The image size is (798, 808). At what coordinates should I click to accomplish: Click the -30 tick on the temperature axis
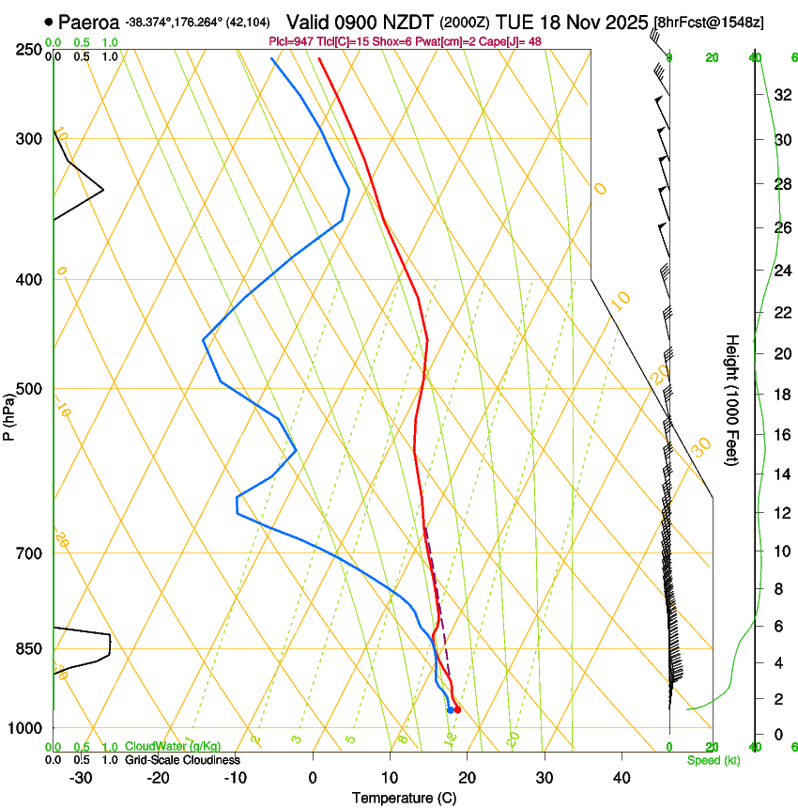pyautogui.click(x=81, y=777)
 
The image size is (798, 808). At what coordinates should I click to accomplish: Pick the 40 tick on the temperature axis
pyautogui.click(x=622, y=777)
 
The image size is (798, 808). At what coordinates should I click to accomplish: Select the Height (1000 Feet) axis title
pyautogui.click(x=732, y=399)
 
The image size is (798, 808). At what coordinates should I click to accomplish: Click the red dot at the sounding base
pyautogui.click(x=457, y=709)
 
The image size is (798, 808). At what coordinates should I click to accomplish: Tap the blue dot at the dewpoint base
pyautogui.click(x=450, y=709)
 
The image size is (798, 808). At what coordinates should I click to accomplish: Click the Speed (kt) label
pyautogui.click(x=714, y=760)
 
